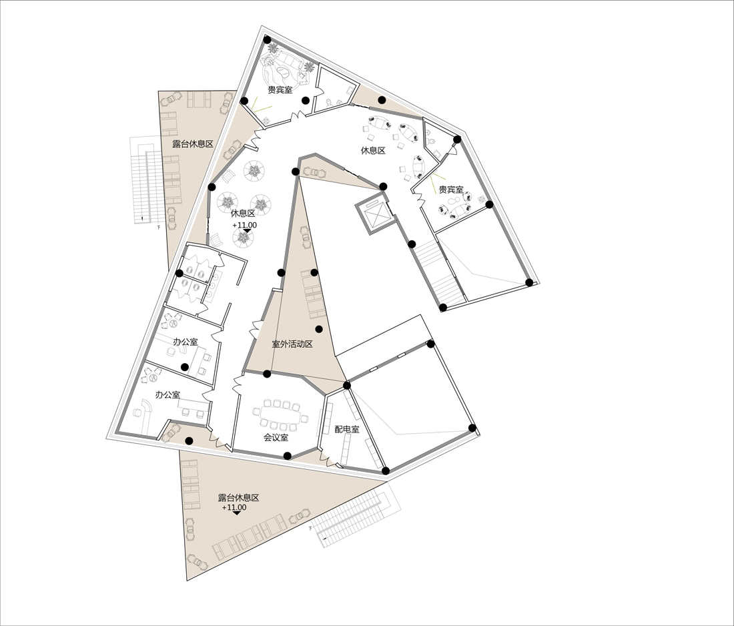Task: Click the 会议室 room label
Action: [276, 438]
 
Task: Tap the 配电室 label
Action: [347, 429]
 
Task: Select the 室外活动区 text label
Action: [292, 344]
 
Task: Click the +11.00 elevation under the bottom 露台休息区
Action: [234, 508]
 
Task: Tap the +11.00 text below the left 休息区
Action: [244, 225]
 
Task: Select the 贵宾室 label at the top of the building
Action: [280, 89]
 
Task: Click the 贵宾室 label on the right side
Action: [451, 190]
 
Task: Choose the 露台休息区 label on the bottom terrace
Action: [239, 498]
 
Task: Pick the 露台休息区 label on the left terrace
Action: [193, 143]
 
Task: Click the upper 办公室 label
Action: [186, 342]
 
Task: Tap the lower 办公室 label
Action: [167, 394]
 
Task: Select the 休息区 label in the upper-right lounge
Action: [373, 151]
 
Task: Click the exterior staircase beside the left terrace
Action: [147, 180]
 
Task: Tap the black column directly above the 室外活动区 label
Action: [319, 329]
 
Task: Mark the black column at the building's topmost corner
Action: [268, 39]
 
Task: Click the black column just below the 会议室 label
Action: [288, 456]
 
